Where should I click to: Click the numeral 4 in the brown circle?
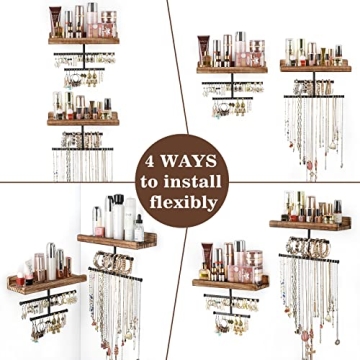pos(152,160)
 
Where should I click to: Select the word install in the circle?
pos(193,181)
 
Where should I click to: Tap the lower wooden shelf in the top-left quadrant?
pos(82,119)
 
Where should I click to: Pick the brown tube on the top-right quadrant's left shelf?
pos(204,50)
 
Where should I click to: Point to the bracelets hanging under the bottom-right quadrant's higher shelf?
pos(305,245)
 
